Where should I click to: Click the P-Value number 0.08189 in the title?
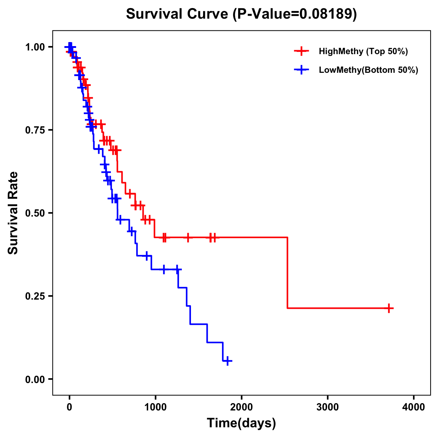tap(326, 14)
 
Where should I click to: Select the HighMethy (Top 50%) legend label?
tap(363, 51)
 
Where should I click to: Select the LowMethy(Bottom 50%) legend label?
tap(368, 70)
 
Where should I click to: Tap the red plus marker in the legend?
tap(301, 51)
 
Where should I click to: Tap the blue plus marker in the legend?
tap(301, 70)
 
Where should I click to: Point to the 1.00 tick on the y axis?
tap(35, 47)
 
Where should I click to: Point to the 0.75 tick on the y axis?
tap(35, 130)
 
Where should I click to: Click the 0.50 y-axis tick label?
tap(35, 213)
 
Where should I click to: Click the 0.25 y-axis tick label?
tap(35, 296)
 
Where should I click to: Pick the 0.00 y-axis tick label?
tap(35, 379)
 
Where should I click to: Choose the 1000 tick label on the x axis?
tap(155, 407)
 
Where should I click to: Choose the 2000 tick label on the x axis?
tap(241, 407)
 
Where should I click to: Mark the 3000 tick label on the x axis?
tap(327, 407)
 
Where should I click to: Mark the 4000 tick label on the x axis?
tap(414, 407)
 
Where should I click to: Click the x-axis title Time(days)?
tap(241, 423)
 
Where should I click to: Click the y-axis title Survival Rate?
tap(13, 213)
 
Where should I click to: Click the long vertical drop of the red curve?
tap(288, 273)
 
